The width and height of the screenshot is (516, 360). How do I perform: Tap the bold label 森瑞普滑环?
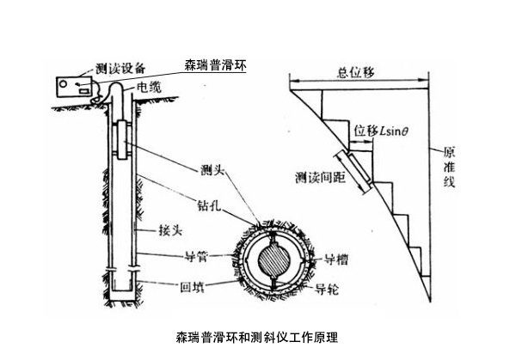click(x=214, y=64)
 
